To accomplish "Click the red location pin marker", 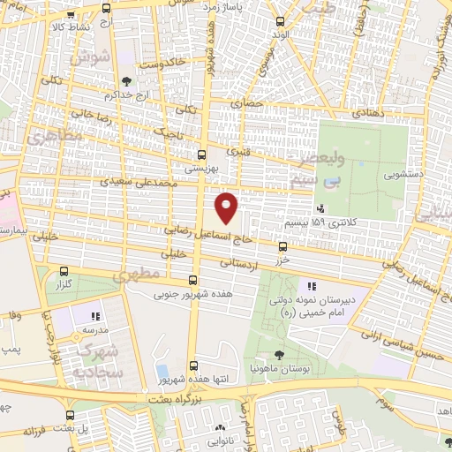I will [x=227, y=207].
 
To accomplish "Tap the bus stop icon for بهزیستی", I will [x=202, y=153].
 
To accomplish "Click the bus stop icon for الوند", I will [x=281, y=21].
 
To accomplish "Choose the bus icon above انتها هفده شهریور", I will [x=192, y=365].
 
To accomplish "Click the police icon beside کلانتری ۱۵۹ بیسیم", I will [x=320, y=209].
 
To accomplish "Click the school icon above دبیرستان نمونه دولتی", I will [x=310, y=286].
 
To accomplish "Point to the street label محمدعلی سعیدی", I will [x=142, y=182].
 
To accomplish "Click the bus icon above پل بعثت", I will [x=70, y=414].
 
